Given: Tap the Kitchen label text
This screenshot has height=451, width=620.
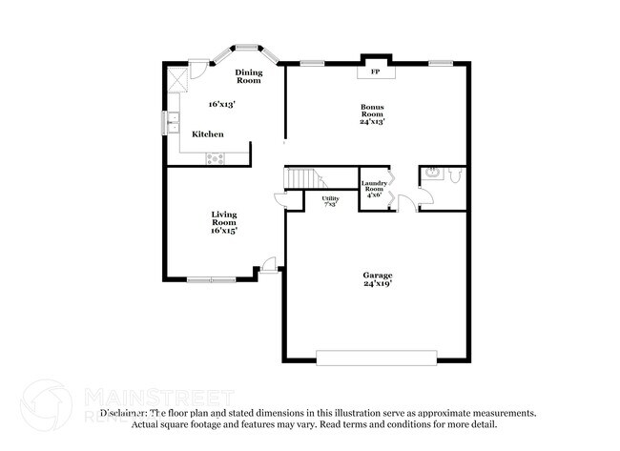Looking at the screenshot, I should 208,134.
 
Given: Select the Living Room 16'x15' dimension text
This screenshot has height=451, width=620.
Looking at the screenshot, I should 224,230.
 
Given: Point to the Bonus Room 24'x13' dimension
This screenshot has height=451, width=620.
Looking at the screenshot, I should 373,121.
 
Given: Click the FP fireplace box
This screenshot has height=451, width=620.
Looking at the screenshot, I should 375,72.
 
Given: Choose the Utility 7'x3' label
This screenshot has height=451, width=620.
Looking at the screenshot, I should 330,201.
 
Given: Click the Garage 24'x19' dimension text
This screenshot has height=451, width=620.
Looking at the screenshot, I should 378,283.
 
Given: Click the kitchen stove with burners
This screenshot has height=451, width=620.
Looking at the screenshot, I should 216,158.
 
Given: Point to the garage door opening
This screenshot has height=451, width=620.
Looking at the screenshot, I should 377,359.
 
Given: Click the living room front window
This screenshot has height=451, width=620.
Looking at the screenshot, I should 211,279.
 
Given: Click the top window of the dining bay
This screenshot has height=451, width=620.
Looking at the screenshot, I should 247,45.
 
